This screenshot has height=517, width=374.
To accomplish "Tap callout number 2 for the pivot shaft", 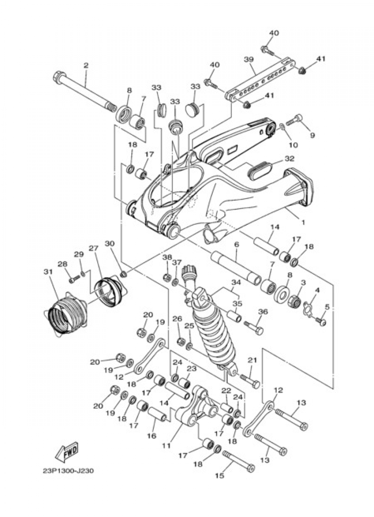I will click(86, 66).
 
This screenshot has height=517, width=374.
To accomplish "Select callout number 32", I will click(289, 158).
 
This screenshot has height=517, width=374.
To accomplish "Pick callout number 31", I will click(46, 271).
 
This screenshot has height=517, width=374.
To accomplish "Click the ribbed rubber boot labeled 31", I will click(65, 312).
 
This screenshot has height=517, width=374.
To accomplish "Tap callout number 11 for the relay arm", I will click(166, 446).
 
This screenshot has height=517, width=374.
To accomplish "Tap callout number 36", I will click(263, 311).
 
